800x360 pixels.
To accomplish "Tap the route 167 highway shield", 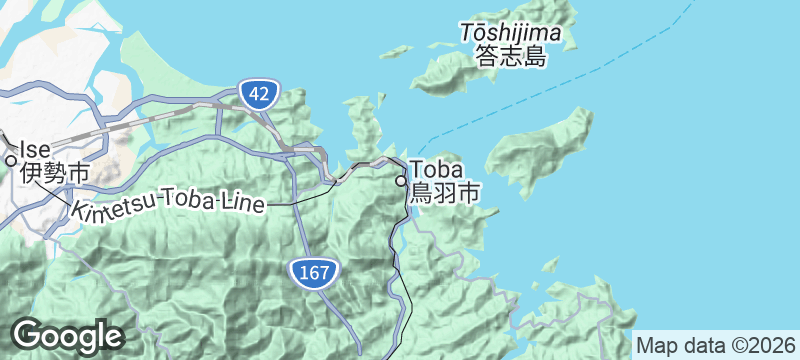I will click(314, 271).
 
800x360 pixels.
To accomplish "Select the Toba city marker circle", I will click(401, 182).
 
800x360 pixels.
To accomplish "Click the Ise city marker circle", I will click(11, 159).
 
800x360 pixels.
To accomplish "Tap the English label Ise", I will click(34, 149).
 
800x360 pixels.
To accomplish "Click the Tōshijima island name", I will click(511, 34).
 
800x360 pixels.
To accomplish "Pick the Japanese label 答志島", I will click(511, 56).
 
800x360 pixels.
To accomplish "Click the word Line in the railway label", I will click(243, 204).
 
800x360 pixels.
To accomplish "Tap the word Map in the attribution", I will click(656, 345).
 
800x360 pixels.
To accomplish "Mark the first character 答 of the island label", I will click(487, 56).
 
